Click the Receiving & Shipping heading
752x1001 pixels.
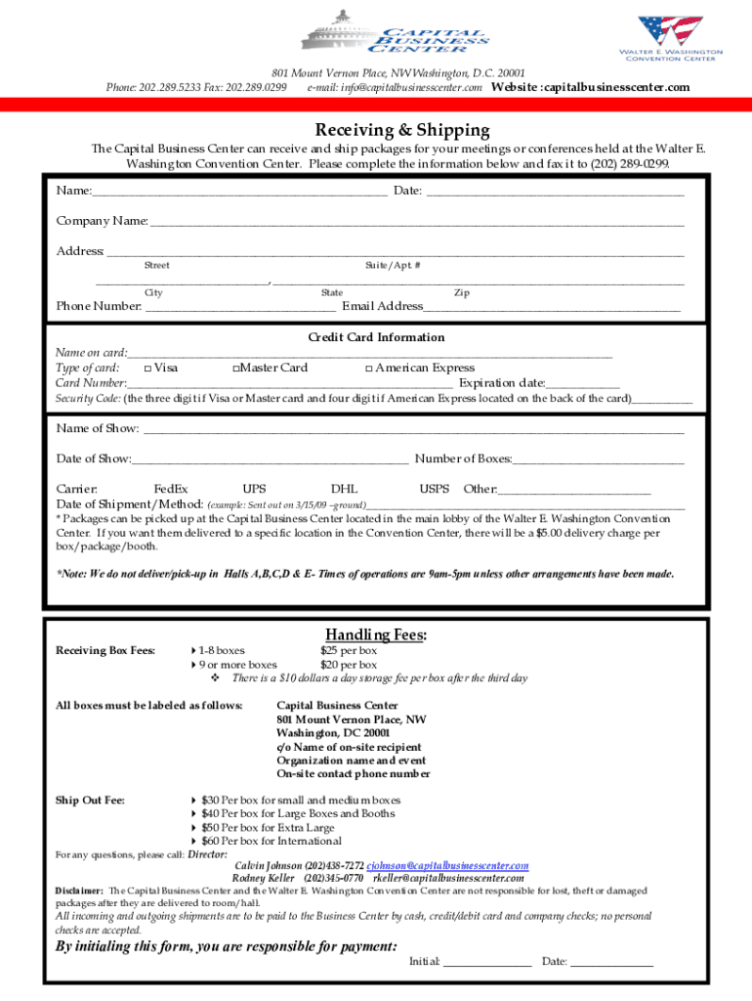point(401,130)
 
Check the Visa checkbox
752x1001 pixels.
point(147,369)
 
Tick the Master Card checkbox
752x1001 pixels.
point(236,369)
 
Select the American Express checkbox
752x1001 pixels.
point(368,369)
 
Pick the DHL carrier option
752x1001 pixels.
point(344,489)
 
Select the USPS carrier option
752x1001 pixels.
point(434,489)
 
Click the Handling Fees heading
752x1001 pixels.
point(376,634)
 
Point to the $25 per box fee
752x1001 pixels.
point(349,650)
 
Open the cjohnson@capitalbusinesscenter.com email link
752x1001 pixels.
point(447,866)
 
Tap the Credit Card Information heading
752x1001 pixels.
point(376,337)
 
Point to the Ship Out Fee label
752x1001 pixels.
point(90,801)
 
